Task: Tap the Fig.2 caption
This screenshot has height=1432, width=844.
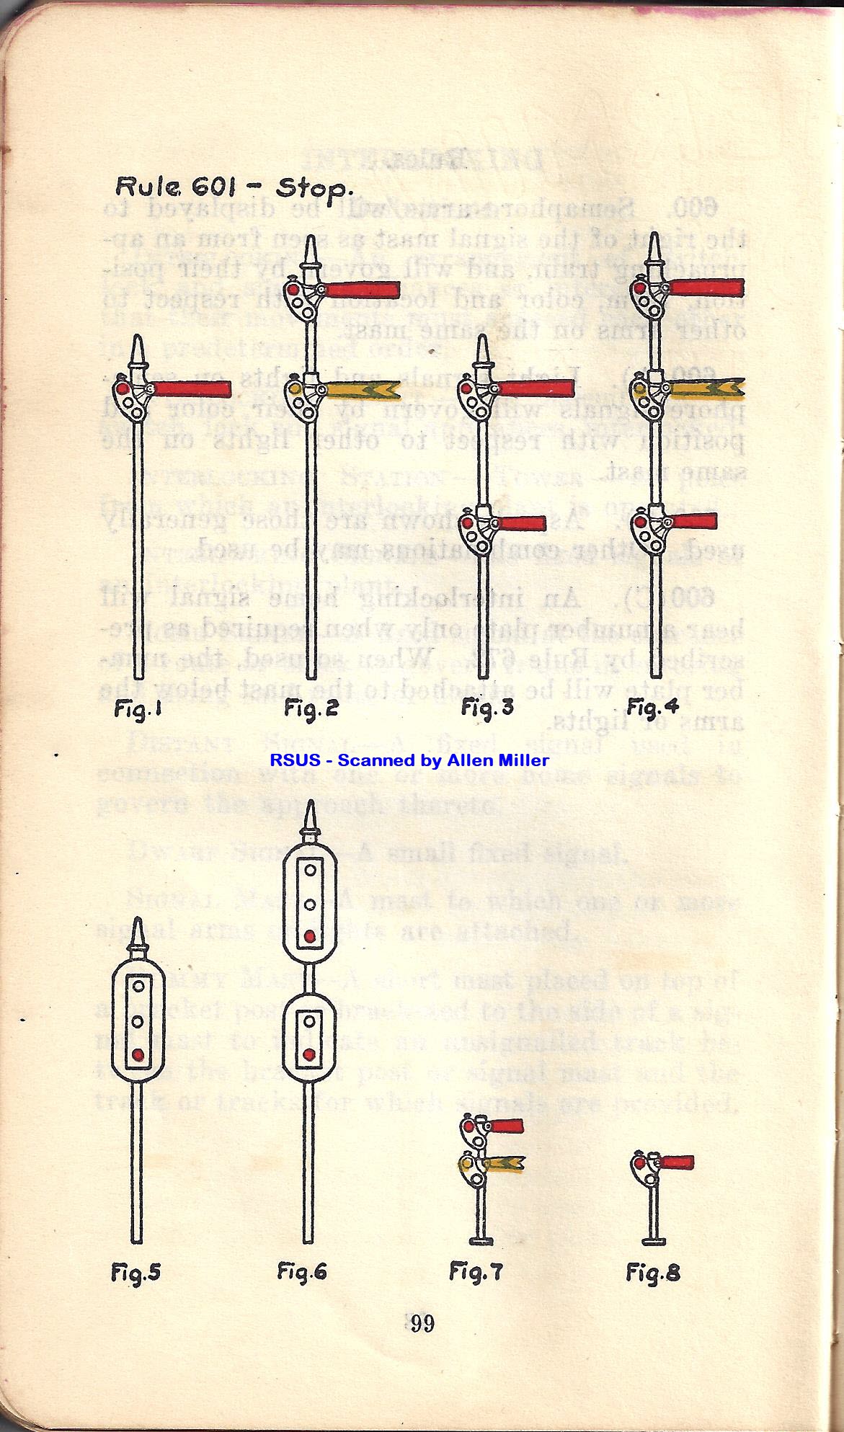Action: [x=311, y=709]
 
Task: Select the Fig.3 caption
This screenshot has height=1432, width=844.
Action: [x=487, y=708]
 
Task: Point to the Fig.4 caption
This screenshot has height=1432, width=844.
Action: [x=652, y=707]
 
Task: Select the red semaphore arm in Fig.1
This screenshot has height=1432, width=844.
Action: [x=192, y=389]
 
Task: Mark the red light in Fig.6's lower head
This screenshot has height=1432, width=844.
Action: [x=308, y=1055]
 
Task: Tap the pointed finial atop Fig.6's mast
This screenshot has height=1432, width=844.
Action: [x=310, y=817]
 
